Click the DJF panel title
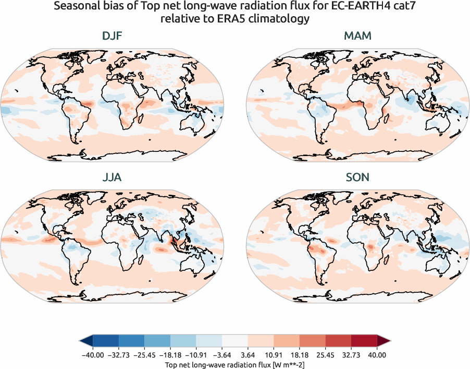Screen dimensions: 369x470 point(112,37)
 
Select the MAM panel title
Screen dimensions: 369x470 point(357,37)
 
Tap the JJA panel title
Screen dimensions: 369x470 point(112,177)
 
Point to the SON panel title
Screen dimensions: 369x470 point(357,177)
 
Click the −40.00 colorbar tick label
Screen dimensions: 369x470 point(92,354)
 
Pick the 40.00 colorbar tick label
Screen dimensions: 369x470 point(377,354)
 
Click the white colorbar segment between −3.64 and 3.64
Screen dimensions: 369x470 point(235,341)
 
